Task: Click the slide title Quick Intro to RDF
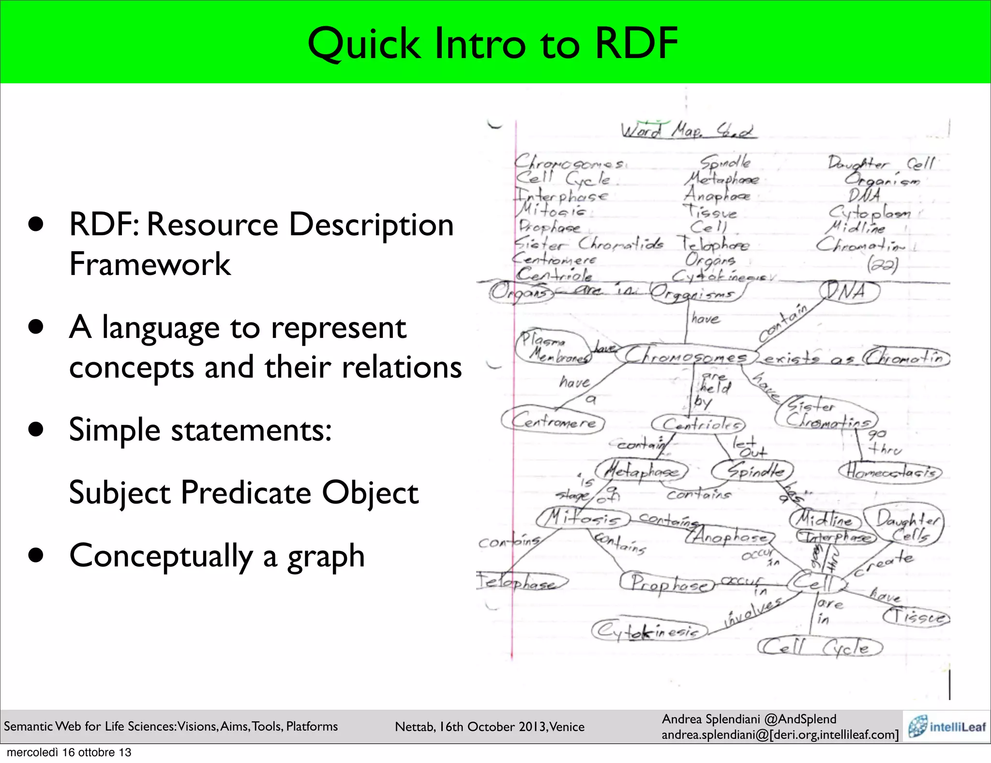(493, 44)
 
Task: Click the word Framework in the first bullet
(150, 264)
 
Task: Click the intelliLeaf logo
(946, 726)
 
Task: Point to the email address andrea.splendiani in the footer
(780, 735)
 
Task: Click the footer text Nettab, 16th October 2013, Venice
(490, 727)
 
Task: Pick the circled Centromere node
(553, 421)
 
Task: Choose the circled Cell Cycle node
(821, 647)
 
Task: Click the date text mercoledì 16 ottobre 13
(69, 752)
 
